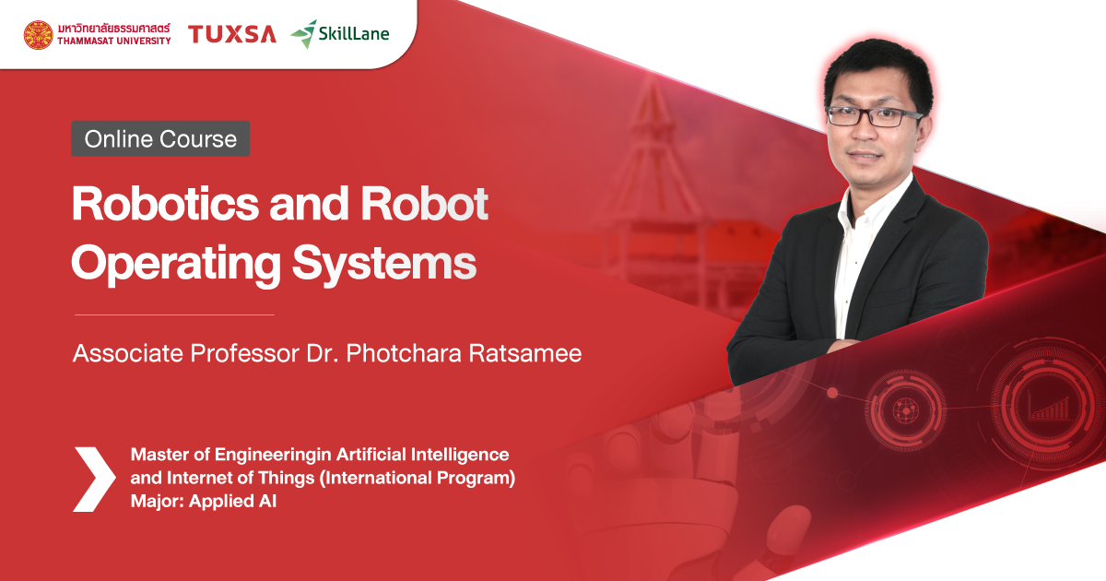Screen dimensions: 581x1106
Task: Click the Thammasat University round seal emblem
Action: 39,35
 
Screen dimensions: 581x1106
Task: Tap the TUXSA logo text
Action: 232,35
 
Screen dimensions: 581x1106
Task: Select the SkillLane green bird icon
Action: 303,34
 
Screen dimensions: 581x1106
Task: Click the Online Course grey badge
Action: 160,139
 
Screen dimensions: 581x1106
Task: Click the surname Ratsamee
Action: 530,353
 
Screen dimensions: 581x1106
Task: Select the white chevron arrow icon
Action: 94,479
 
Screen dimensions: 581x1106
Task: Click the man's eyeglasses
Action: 874,116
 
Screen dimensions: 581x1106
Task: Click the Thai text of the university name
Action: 113,29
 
